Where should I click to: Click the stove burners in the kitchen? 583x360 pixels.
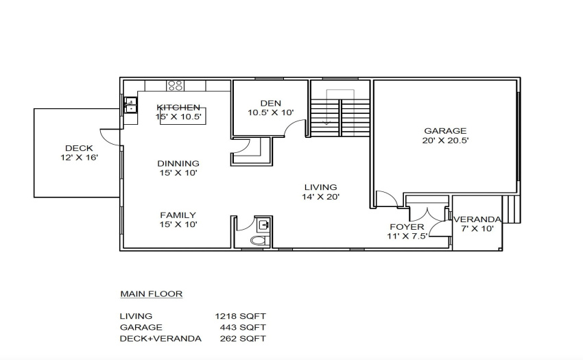(x=175, y=86)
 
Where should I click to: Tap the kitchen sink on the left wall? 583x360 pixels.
(x=130, y=105)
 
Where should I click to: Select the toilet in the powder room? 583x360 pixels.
(x=259, y=240)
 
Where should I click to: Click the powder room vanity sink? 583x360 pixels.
(x=263, y=224)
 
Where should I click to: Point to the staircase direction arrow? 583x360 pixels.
(x=326, y=107)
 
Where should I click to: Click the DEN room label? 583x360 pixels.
(x=271, y=103)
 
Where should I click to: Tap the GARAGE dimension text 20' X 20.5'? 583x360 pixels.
(x=445, y=141)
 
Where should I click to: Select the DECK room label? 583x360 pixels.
(x=79, y=148)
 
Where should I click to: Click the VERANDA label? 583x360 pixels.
(x=477, y=219)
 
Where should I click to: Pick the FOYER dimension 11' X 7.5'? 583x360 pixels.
(x=407, y=236)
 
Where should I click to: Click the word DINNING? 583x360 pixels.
(x=178, y=163)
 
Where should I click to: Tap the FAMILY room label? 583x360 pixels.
(x=178, y=215)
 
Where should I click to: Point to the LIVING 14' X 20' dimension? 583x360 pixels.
(x=320, y=197)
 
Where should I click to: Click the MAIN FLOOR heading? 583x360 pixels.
(x=152, y=293)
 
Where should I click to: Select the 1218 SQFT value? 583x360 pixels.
(x=240, y=316)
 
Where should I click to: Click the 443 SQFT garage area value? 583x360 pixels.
(x=243, y=327)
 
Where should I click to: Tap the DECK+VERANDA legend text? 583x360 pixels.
(x=160, y=339)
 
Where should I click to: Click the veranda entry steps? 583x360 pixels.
(x=511, y=209)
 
